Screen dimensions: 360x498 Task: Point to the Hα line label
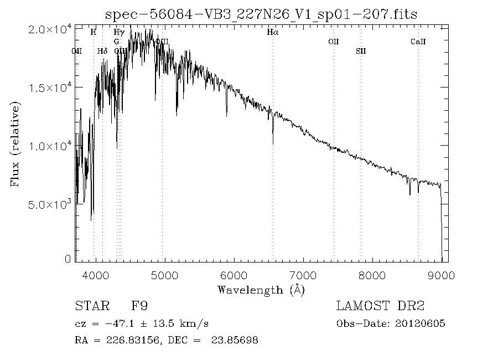272,33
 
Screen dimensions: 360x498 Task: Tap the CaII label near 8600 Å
418,42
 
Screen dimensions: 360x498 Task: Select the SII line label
361,51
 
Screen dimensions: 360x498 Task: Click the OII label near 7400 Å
333,42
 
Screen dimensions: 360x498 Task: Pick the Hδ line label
102,51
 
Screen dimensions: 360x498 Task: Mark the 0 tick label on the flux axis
68,259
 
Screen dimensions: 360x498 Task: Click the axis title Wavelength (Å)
261,289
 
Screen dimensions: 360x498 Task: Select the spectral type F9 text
139,306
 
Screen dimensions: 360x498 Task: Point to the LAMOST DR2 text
380,306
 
